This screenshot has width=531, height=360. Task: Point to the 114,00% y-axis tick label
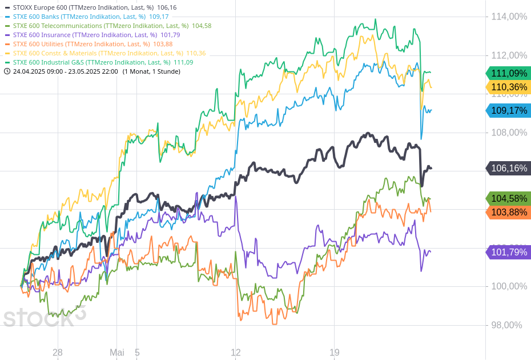(x=509, y=17)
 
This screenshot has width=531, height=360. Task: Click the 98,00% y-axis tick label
(x=507, y=325)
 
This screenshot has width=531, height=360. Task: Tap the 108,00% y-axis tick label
(x=509, y=133)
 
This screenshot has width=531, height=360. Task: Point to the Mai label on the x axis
(x=117, y=352)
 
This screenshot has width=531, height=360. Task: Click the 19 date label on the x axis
(x=335, y=352)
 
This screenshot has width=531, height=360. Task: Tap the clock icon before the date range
(x=7, y=71)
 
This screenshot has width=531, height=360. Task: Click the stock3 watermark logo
(x=44, y=317)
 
